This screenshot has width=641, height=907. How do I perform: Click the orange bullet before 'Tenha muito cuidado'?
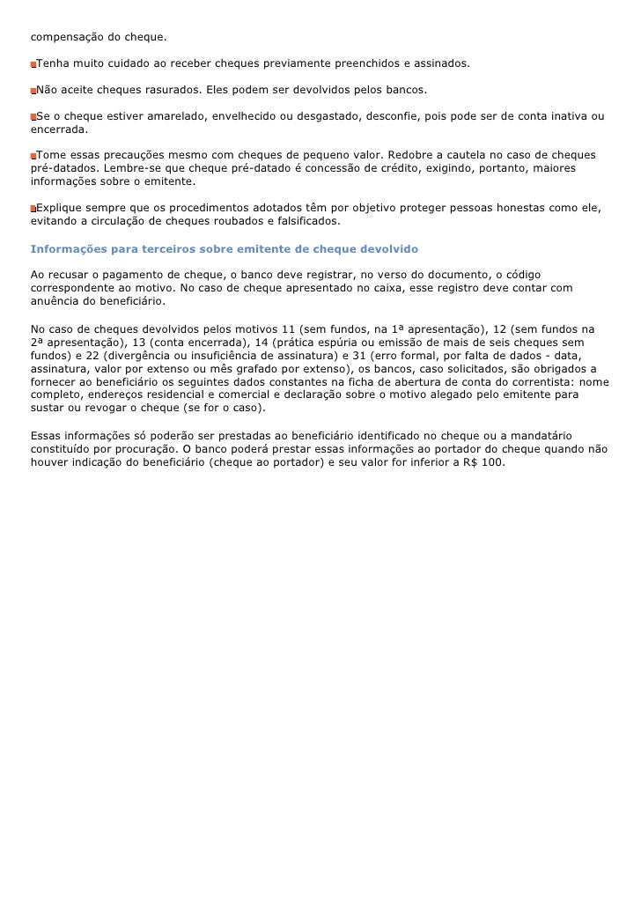pyautogui.click(x=33, y=65)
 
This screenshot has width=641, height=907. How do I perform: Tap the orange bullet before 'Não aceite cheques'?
pyautogui.click(x=33, y=92)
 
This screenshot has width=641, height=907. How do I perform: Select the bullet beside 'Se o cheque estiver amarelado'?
pyautogui.click(x=33, y=117)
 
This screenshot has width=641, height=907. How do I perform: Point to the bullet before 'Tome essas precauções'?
pyautogui.click(x=33, y=156)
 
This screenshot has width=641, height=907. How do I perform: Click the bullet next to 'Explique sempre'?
pyautogui.click(x=33, y=209)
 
